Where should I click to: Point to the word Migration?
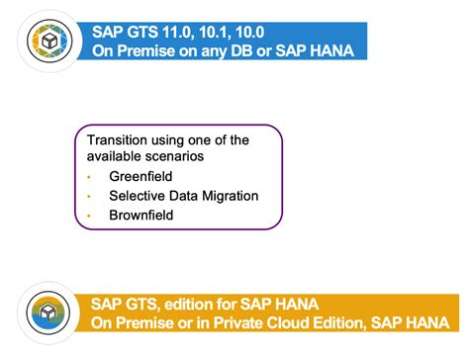pyautogui.click(x=229, y=196)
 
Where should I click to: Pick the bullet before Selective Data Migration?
pyautogui.click(x=88, y=196)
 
